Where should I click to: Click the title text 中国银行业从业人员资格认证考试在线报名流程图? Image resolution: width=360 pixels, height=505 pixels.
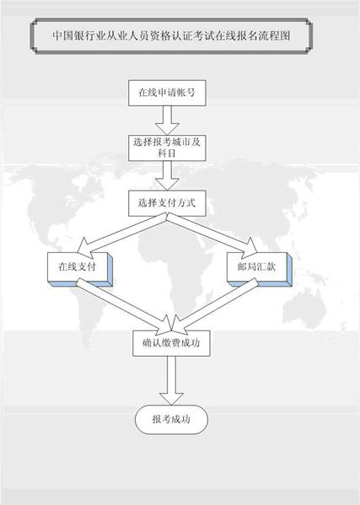[x=171, y=35]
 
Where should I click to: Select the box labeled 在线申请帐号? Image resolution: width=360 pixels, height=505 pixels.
[x=167, y=93]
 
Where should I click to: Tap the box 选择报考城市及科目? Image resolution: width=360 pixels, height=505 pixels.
[x=167, y=148]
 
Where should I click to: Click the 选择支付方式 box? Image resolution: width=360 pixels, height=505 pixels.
[x=167, y=203]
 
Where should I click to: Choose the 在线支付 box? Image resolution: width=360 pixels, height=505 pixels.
[x=78, y=266]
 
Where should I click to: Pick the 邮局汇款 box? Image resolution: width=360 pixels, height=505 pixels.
[x=257, y=266]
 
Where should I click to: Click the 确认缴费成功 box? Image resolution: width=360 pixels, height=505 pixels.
[x=171, y=343]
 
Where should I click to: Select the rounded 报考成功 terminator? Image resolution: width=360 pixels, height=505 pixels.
[x=171, y=419]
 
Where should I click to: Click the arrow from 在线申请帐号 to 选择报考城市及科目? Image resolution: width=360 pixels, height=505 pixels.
[x=167, y=121]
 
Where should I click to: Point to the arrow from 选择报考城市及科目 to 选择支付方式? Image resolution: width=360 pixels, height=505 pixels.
[x=167, y=175]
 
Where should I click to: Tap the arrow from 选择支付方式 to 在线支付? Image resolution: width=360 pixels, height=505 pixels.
[x=122, y=235]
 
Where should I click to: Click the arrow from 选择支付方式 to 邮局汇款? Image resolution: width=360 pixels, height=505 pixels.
[x=212, y=234]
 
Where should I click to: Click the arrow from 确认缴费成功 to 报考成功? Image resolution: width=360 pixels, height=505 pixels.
[x=171, y=381]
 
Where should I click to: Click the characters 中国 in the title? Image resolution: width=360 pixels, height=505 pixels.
[x=62, y=35]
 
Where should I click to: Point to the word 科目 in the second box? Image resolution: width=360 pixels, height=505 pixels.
[x=166, y=153]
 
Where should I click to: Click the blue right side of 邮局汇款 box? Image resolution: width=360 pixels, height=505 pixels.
[x=289, y=270]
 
